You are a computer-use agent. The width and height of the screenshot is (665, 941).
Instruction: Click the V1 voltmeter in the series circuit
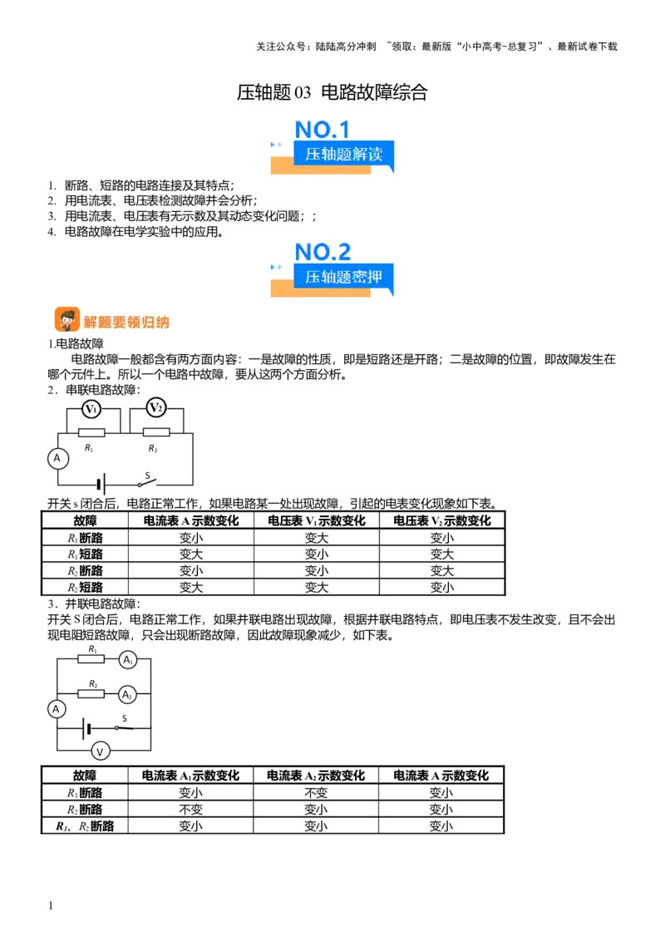(91, 409)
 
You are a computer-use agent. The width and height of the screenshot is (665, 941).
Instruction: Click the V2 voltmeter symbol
(156, 407)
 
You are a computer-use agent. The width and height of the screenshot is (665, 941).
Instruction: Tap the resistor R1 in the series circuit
(91, 432)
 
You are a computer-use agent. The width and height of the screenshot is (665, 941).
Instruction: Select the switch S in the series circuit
(147, 481)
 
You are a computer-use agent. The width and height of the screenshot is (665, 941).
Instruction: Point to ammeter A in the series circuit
(57, 459)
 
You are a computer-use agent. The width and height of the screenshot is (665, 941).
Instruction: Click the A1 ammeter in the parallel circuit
(127, 660)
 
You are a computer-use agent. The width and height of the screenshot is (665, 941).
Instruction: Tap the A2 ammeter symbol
(127, 695)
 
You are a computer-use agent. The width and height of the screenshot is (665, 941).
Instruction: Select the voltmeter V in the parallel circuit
(101, 751)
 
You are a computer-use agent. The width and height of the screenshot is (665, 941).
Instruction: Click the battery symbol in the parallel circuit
(87, 729)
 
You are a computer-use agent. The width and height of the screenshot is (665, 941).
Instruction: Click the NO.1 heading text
(322, 130)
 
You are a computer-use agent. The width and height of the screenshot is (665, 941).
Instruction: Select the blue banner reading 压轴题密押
(343, 277)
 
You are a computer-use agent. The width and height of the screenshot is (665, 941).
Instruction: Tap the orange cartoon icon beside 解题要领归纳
(66, 320)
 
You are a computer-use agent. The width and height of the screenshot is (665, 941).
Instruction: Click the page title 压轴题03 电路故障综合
(332, 92)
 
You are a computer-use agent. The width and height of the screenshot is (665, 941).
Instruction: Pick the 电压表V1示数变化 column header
(317, 521)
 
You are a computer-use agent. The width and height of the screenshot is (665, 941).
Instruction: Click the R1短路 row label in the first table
(85, 554)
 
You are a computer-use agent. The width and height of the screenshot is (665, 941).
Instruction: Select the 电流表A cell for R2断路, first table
(191, 571)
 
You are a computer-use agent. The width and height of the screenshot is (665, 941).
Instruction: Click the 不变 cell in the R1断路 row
(316, 793)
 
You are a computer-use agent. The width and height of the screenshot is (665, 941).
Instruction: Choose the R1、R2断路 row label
(85, 826)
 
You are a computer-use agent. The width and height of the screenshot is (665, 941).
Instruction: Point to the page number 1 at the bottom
(51, 905)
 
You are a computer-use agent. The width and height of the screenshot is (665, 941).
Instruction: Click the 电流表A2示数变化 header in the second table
(316, 776)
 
